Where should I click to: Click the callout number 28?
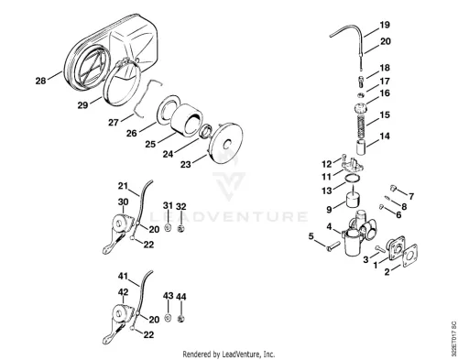pyautogui.click(x=40, y=81)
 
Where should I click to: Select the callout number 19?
pyautogui.click(x=385, y=25)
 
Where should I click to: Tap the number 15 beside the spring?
pyautogui.click(x=385, y=115)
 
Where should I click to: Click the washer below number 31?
pyautogui.click(x=168, y=227)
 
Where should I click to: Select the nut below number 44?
pyautogui.click(x=181, y=319)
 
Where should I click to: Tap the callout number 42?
pyautogui.click(x=123, y=292)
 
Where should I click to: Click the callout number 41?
pyautogui.click(x=123, y=276)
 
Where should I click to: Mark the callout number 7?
pyautogui.click(x=411, y=196)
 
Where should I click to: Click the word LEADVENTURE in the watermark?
pyautogui.click(x=228, y=216)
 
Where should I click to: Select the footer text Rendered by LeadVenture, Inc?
pyautogui.click(x=229, y=355)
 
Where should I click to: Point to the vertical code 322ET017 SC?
pyautogui.click(x=453, y=338)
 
